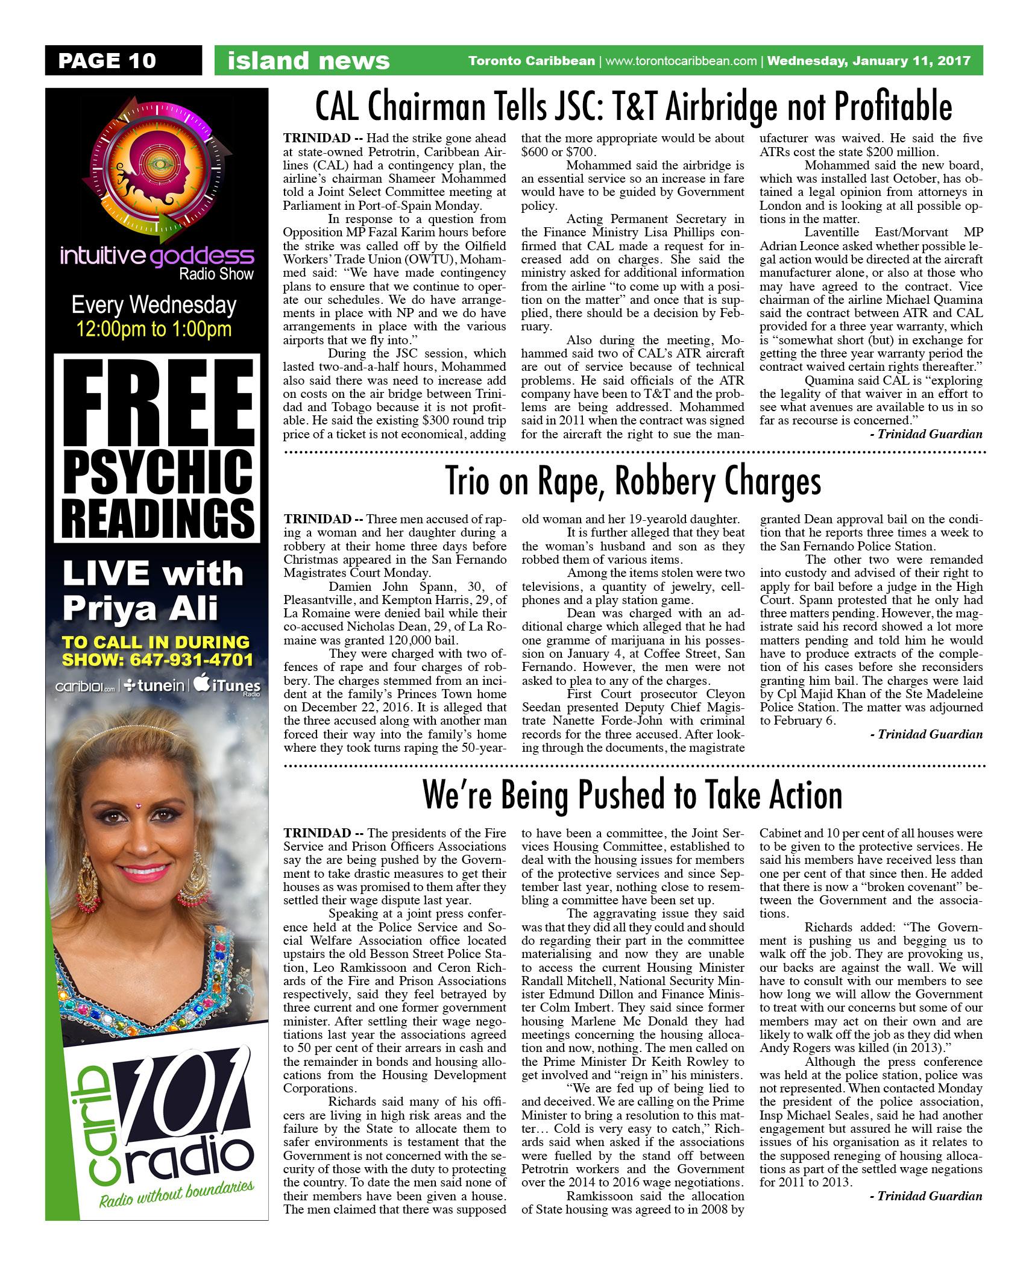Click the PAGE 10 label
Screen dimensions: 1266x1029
[107, 60]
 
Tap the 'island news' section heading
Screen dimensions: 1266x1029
[308, 61]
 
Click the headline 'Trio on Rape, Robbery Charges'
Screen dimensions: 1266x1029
[633, 482]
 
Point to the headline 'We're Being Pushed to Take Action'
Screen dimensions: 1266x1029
[633, 795]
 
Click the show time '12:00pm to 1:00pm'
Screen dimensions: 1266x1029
[154, 329]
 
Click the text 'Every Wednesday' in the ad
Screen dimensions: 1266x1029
[154, 305]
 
